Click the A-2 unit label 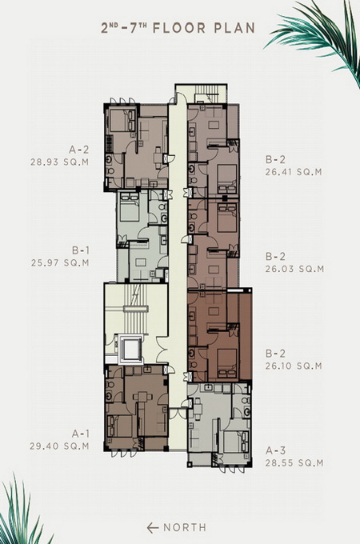click(78, 150)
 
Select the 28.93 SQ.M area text click(59, 162)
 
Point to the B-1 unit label click(81, 250)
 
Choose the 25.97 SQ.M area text click(60, 262)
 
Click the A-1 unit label click(81, 434)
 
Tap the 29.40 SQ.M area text click(59, 446)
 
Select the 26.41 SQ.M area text click(294, 172)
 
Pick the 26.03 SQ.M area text click(294, 269)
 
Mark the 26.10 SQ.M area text click(294, 366)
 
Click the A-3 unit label click(276, 450)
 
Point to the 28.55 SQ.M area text click(294, 463)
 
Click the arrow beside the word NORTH click(153, 528)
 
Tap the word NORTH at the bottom click(185, 528)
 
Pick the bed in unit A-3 click(236, 442)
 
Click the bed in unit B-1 click(129, 207)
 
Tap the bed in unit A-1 click(120, 426)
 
